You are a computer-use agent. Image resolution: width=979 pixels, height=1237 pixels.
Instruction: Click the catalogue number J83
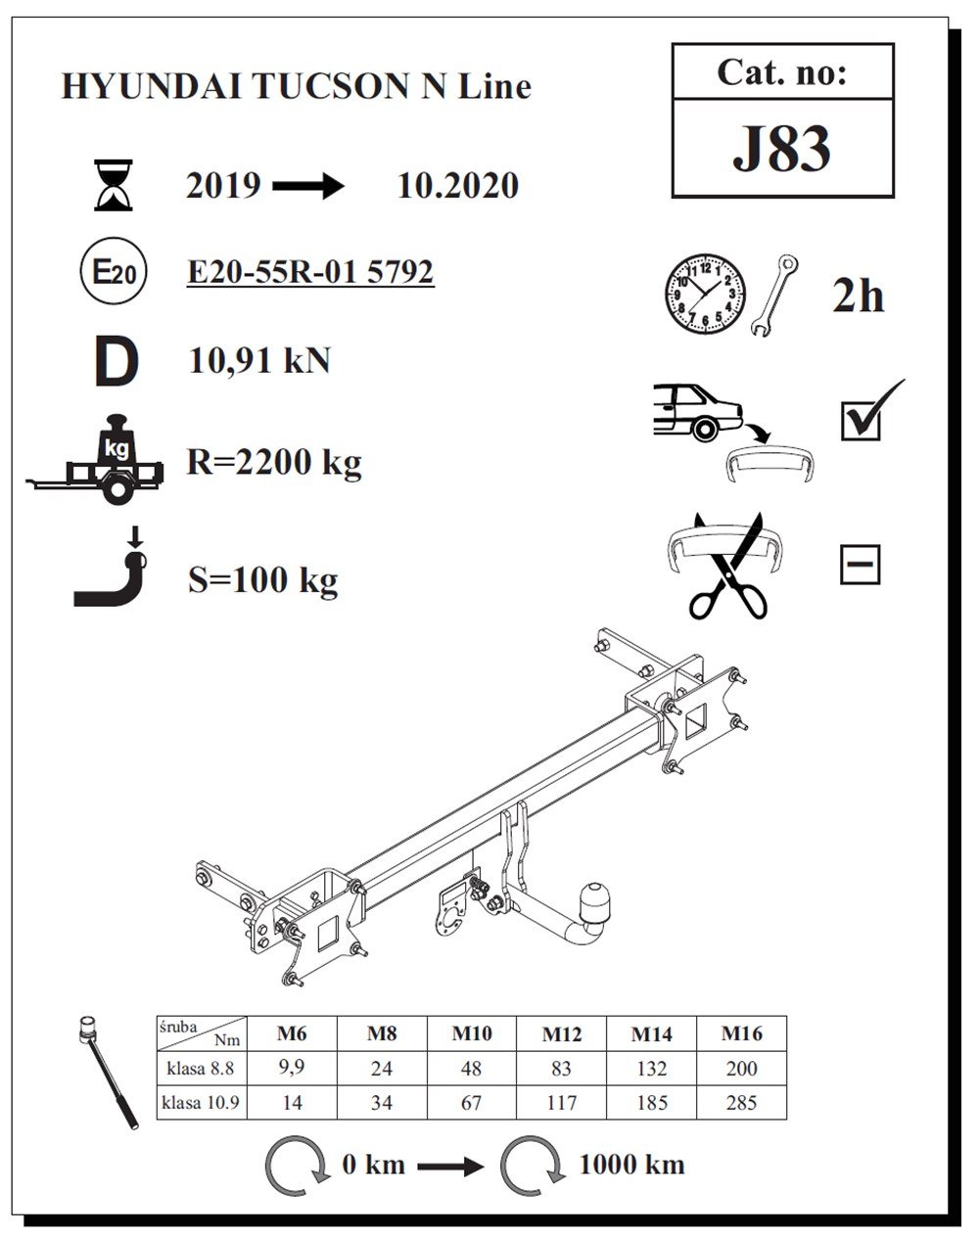pyautogui.click(x=781, y=149)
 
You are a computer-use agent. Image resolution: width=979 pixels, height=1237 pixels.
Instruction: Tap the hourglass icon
pyautogui.click(x=114, y=185)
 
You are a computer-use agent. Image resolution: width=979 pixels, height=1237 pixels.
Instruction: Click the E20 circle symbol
pyautogui.click(x=114, y=271)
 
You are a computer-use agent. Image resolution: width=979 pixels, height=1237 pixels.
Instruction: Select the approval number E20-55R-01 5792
pyautogui.click(x=310, y=272)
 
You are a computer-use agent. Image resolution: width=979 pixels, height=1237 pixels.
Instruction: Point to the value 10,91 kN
pyautogui.click(x=259, y=361)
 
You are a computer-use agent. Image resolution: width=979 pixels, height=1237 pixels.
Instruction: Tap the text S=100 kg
pyautogui.click(x=263, y=579)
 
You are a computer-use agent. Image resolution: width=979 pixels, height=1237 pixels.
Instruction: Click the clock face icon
pyautogui.click(x=705, y=294)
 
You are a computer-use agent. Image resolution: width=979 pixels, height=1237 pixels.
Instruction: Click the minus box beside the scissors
pyautogui.click(x=861, y=565)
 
